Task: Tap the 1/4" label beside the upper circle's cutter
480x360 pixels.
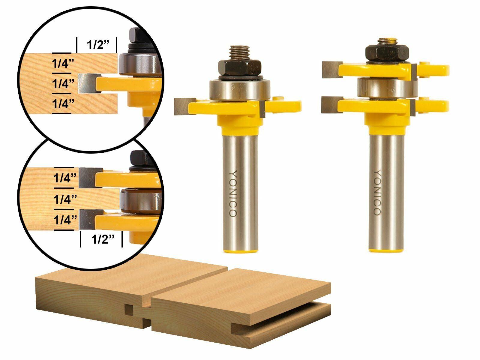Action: coord(63,84)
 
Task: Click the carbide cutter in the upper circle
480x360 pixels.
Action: coord(87,83)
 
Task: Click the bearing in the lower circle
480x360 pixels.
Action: coord(139,200)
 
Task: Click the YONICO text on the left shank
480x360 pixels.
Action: coord(233,193)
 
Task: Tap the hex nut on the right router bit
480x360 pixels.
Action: coord(387,52)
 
